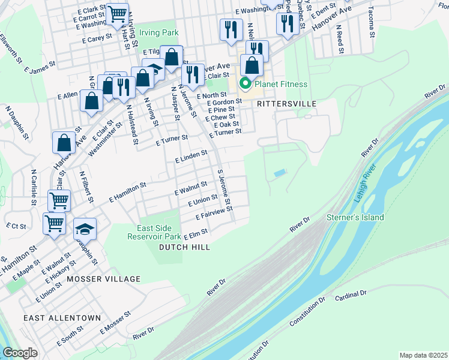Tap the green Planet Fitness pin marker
click(x=245, y=84)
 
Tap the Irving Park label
click(x=159, y=32)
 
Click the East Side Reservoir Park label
click(x=154, y=233)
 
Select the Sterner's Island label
click(x=355, y=217)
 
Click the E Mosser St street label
click(x=115, y=323)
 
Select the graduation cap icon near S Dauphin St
click(x=85, y=229)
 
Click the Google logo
click(x=20, y=353)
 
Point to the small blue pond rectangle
click(x=279, y=173)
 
